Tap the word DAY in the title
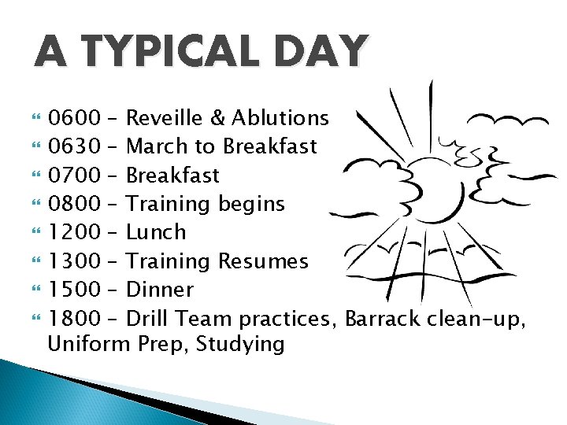[322, 52]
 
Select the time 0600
[74, 118]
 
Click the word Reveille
[165, 118]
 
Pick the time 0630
[74, 146]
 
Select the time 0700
[74, 175]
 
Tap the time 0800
[74, 204]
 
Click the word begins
[250, 204]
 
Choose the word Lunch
[156, 232]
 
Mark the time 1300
[74, 261]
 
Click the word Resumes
[264, 261]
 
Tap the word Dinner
[159, 290]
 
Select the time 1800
[74, 318]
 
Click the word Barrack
[382, 318]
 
